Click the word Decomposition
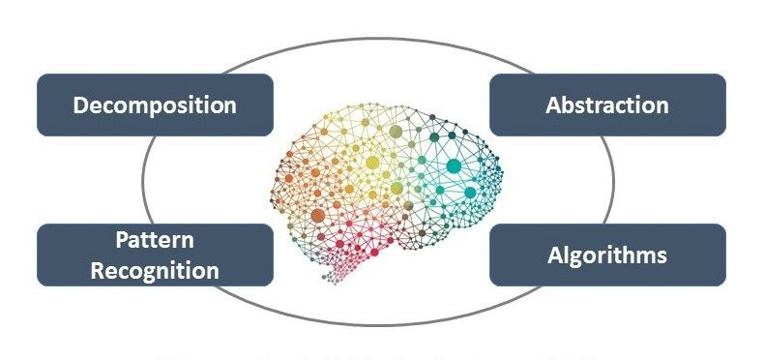[x=155, y=105]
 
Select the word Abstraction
[x=606, y=105]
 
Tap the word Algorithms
[x=606, y=255]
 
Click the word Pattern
[x=155, y=240]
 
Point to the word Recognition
[x=155, y=270]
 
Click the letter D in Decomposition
[x=82, y=105]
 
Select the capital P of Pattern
[x=122, y=240]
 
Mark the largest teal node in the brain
[x=453, y=165]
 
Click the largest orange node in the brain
[x=317, y=214]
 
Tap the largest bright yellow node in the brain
[x=371, y=164]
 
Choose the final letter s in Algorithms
[x=661, y=256]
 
